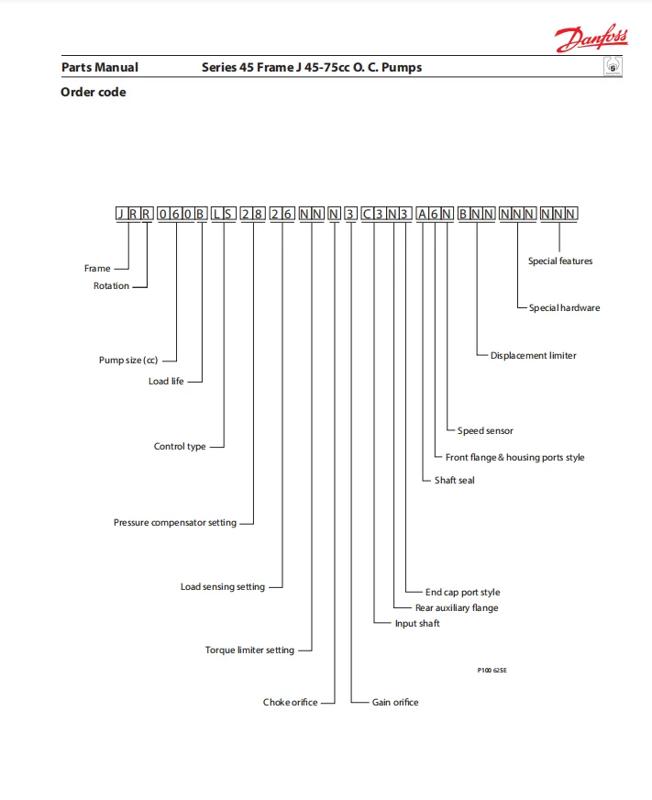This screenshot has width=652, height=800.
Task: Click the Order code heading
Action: coord(94,92)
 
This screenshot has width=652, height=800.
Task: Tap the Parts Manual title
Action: coord(100,67)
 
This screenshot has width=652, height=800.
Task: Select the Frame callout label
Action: coord(97,269)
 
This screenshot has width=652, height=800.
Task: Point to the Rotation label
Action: coord(112,286)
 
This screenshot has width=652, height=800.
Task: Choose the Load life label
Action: coord(166,381)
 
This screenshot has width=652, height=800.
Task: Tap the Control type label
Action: coord(180,447)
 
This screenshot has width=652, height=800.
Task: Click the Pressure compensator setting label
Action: coord(175,523)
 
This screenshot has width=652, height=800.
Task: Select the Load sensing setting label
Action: coord(223,587)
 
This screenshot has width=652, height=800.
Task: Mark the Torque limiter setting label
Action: coord(249,650)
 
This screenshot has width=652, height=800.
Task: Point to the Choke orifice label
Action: coord(291,703)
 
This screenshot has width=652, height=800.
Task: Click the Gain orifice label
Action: coord(395,703)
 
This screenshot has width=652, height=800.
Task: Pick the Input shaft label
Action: coord(417,624)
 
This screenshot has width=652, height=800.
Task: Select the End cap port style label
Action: coord(463,593)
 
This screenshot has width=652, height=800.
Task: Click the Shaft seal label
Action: coord(455,481)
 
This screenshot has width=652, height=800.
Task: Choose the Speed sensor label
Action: coord(485,431)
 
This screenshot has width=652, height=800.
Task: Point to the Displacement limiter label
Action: coord(534,356)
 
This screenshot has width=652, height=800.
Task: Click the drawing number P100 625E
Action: coord(492,671)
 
